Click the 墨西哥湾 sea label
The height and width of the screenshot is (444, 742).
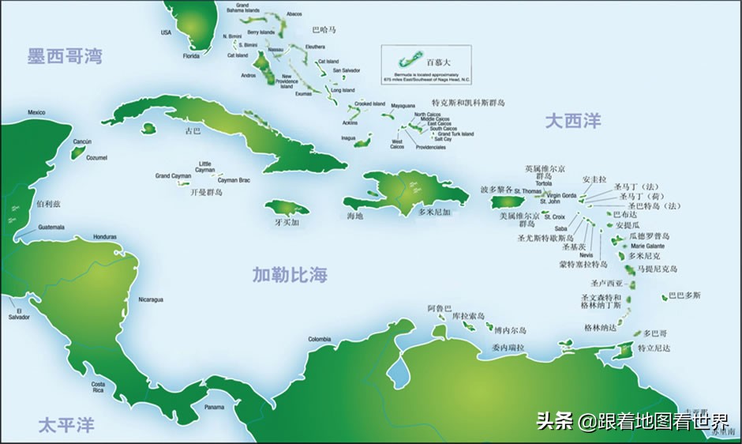(x=65, y=57)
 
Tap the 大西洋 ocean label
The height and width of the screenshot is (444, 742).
(x=573, y=121)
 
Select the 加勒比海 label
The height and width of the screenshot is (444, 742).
(x=290, y=275)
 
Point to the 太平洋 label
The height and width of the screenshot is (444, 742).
(x=66, y=426)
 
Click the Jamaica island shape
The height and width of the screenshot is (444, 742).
(x=286, y=209)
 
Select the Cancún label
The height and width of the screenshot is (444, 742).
(x=82, y=142)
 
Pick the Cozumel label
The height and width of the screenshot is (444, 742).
(x=96, y=157)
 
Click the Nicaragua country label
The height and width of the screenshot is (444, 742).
(x=151, y=299)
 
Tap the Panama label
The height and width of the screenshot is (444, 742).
(x=214, y=407)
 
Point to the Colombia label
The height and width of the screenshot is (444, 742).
(x=319, y=339)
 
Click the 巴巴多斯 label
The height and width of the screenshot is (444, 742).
(x=684, y=295)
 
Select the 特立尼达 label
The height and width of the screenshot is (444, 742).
(x=654, y=348)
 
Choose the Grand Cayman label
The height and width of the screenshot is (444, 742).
(x=173, y=175)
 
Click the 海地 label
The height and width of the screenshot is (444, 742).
(x=355, y=215)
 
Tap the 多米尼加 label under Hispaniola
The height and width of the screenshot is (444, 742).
(x=434, y=213)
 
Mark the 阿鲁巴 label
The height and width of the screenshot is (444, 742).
(x=439, y=307)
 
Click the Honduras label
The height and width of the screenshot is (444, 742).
(x=104, y=237)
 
